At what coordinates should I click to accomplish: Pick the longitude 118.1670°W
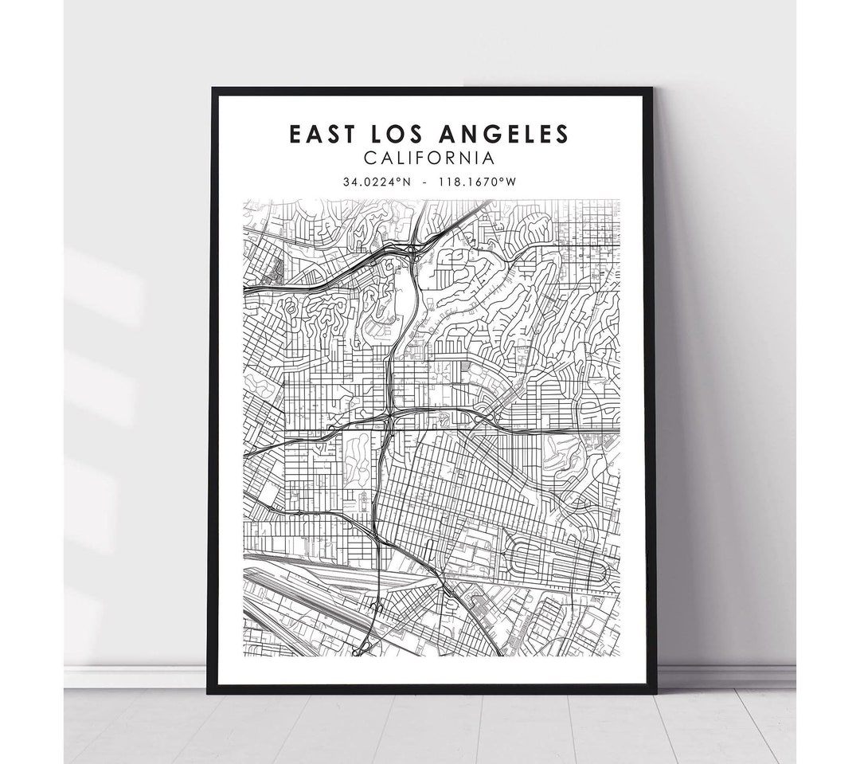tap(483, 182)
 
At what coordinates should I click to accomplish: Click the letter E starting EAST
tap(295, 134)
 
